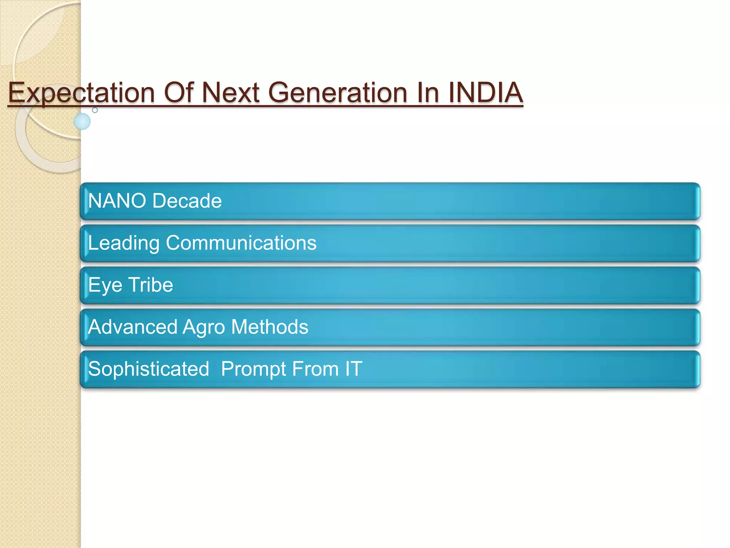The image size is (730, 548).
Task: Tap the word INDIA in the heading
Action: point(485,93)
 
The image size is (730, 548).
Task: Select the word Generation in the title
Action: point(337,93)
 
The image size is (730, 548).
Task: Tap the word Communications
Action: point(241,243)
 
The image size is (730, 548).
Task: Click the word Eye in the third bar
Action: point(105,285)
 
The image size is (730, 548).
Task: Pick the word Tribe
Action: point(150,285)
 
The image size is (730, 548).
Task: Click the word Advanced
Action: point(133,327)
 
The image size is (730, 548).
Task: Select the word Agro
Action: point(204,328)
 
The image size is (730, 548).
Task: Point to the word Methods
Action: point(269,327)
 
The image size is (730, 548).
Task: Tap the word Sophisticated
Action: point(148,369)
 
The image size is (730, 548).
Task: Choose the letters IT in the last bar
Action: point(353,369)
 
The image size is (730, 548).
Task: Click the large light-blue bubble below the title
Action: point(82,121)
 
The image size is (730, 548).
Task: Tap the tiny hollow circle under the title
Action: point(95,110)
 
